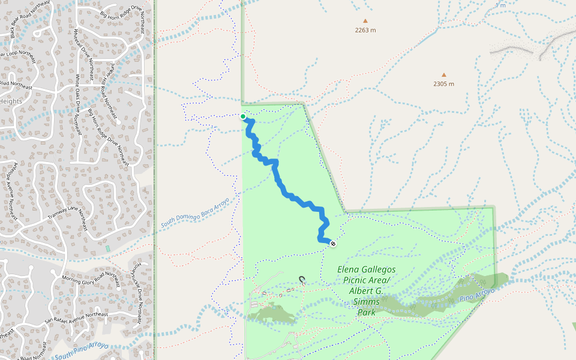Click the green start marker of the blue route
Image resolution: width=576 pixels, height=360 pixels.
(243, 116)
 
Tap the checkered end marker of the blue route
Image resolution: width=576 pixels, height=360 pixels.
(332, 244)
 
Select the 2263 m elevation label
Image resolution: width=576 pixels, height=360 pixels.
(365, 30)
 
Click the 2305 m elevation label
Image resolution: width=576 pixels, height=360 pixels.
(443, 84)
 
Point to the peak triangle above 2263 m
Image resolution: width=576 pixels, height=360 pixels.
(365, 21)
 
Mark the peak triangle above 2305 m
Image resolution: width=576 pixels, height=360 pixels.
(444, 75)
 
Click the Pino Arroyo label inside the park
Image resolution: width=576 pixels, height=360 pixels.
(478, 295)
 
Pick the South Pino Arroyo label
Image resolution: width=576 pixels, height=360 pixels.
(81, 352)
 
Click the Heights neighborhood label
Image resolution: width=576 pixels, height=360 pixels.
(11, 101)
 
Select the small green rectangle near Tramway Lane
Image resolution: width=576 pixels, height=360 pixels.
(108, 248)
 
